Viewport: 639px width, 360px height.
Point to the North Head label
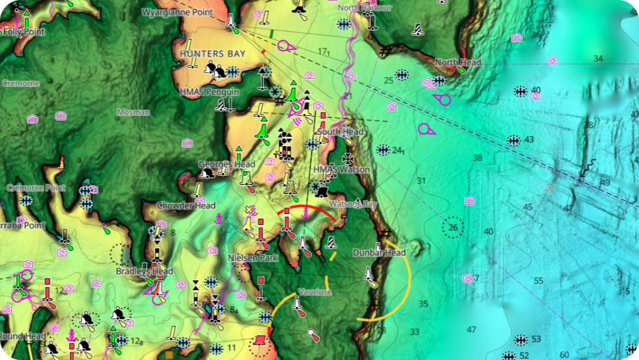pos(458,63)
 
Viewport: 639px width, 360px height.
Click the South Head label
pos(340,132)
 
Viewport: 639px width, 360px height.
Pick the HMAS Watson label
pos(342,169)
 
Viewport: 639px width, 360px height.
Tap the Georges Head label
pos(226,164)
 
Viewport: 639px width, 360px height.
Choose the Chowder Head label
pos(186,205)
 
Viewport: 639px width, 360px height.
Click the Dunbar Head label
pos(379,252)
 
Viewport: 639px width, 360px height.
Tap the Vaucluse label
pos(315,292)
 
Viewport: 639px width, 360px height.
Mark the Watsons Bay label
pos(353,204)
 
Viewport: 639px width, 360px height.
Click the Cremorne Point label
pos(36,188)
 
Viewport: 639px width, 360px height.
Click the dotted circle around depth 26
pos(453,228)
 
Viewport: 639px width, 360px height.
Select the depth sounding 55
pos(539,281)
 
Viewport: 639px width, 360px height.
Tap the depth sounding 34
pos(598,59)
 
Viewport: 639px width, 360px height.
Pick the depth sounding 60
pos(565,355)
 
